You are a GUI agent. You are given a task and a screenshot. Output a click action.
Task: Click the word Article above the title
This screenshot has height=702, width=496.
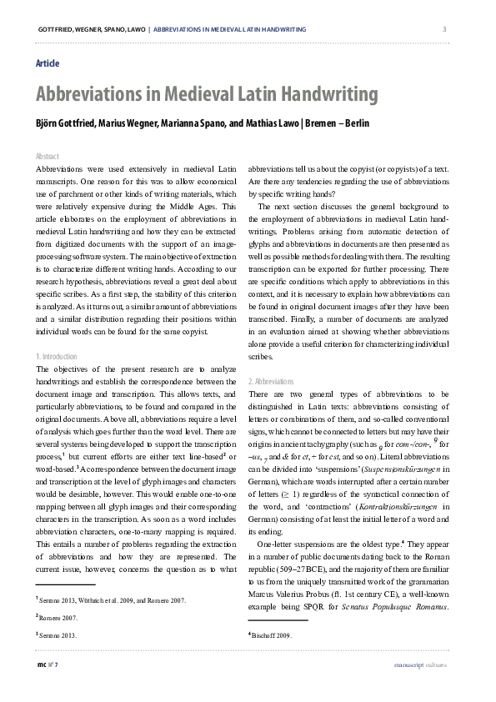[x=48, y=63]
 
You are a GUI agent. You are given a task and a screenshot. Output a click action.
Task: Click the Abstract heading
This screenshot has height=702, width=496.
[x=48, y=156]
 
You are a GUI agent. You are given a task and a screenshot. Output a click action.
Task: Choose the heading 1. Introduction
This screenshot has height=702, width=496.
[x=58, y=356]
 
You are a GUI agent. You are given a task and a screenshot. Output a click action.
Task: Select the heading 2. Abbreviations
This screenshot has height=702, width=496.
[x=271, y=381]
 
